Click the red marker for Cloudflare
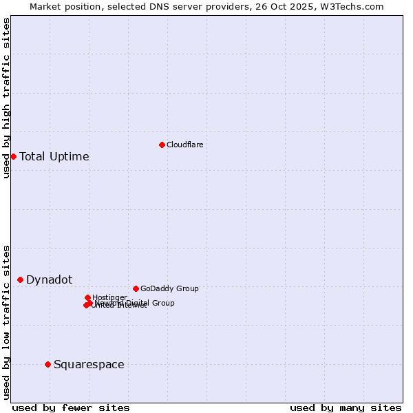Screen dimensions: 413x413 [x=162, y=145]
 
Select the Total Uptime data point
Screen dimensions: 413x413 [x=13, y=156]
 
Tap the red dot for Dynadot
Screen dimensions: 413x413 [x=21, y=279]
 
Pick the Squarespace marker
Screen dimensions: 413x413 [x=47, y=364]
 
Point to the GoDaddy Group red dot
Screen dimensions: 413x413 [x=136, y=288]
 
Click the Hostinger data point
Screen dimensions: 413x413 [x=87, y=297]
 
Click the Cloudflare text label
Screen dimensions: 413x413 [x=184, y=145]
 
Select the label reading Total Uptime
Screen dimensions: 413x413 [x=54, y=156]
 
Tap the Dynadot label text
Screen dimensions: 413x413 [x=49, y=279]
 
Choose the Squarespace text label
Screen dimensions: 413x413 [x=89, y=364]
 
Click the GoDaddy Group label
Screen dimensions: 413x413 [x=169, y=288]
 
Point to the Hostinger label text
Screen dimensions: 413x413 [x=109, y=297]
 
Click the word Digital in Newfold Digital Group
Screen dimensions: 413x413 [x=137, y=303]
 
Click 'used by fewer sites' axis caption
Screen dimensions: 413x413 [x=71, y=407]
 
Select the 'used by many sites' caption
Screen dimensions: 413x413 [x=346, y=407]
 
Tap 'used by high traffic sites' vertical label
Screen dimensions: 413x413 [x=6, y=98]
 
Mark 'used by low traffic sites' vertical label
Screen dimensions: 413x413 [x=6, y=322]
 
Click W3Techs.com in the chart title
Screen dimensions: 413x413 [x=354, y=6]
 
